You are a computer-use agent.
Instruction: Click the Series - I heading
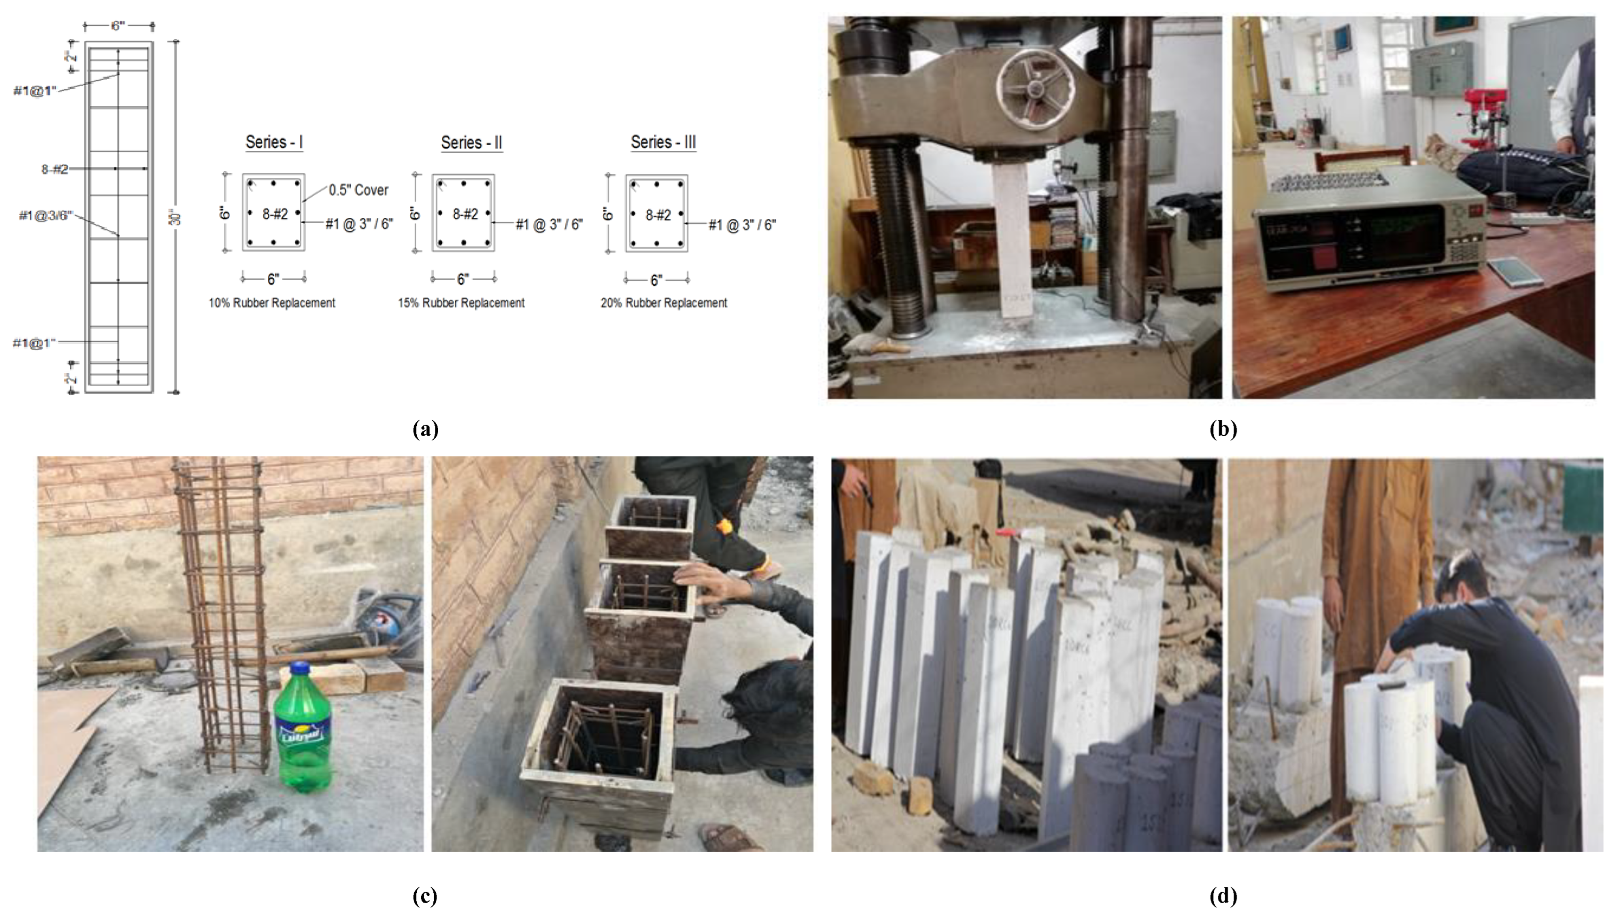[274, 142]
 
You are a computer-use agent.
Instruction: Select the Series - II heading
[472, 143]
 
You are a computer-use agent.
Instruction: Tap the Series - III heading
[663, 142]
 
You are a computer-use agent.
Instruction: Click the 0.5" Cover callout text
[358, 190]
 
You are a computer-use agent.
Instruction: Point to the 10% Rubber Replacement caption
[272, 303]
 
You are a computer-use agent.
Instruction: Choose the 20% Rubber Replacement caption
[663, 303]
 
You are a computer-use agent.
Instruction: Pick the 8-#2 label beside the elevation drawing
[54, 169]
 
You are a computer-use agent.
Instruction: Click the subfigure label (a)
[425, 429]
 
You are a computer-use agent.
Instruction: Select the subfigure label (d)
[1223, 895]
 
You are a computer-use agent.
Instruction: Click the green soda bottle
[303, 731]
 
